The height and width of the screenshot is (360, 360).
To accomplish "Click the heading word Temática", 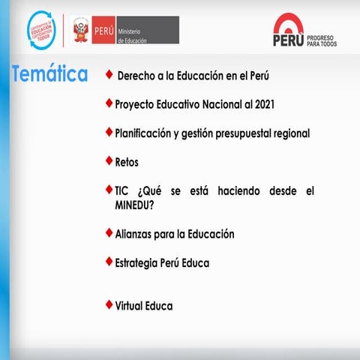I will [x=50, y=75].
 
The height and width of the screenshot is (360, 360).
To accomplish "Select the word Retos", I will [x=127, y=161].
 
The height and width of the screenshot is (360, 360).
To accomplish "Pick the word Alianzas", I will [x=136, y=234].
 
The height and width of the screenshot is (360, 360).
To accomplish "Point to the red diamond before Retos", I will [x=109, y=160].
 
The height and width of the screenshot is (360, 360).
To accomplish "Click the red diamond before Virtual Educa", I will [x=109, y=304].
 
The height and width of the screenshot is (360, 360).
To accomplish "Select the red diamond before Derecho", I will [x=109, y=75].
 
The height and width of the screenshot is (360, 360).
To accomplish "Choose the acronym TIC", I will [x=123, y=191].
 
